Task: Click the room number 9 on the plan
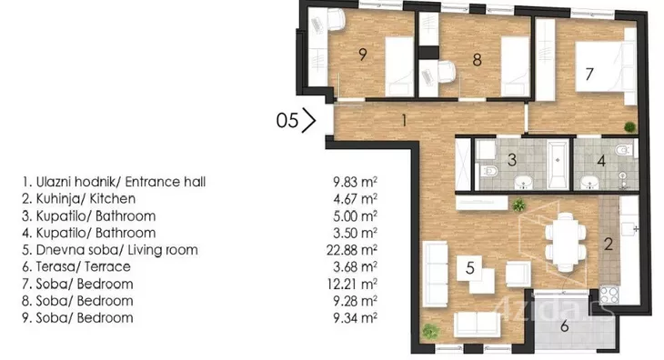(x=363, y=55)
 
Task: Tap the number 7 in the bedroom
(x=589, y=74)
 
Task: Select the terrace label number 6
(x=565, y=326)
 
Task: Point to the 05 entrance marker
(x=287, y=120)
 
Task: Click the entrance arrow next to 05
(x=309, y=120)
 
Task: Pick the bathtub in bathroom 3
(x=558, y=165)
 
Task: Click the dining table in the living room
(x=566, y=242)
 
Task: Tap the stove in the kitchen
(x=609, y=295)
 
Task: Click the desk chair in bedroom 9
(x=335, y=20)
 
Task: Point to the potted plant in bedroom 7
(x=629, y=126)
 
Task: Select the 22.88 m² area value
(x=352, y=250)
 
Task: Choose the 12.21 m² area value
(x=352, y=284)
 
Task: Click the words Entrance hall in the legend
(x=166, y=182)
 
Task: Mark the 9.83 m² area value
(x=355, y=182)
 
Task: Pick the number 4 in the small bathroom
(x=601, y=161)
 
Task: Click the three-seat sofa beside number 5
(x=436, y=274)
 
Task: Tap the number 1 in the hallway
(x=404, y=121)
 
